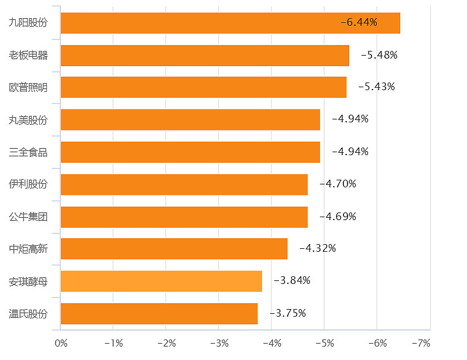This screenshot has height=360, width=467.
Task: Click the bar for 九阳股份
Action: point(230,23)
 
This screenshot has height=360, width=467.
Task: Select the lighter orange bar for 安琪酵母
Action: point(161,281)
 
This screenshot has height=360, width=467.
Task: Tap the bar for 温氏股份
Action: point(159,313)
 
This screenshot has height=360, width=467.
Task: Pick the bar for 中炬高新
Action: point(174,249)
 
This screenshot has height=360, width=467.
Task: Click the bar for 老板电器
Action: point(204,55)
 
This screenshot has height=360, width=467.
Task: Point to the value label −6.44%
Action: point(359,23)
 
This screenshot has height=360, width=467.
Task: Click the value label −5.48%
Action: point(379,55)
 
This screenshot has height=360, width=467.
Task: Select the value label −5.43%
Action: point(376,87)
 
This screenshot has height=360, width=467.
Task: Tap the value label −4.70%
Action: point(338,184)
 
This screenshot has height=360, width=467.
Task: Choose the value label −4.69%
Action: point(338,217)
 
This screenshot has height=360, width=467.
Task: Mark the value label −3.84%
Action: point(292,280)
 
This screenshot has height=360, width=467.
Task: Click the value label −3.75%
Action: point(288,313)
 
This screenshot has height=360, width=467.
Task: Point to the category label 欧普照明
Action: point(28,87)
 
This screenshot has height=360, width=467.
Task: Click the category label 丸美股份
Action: point(28,119)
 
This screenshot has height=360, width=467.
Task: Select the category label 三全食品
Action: point(28,152)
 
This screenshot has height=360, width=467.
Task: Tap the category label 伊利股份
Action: point(28,184)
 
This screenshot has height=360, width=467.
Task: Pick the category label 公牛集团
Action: point(28,217)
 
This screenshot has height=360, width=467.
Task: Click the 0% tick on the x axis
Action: point(61,342)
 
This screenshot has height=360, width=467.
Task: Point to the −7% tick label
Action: point(421,342)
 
